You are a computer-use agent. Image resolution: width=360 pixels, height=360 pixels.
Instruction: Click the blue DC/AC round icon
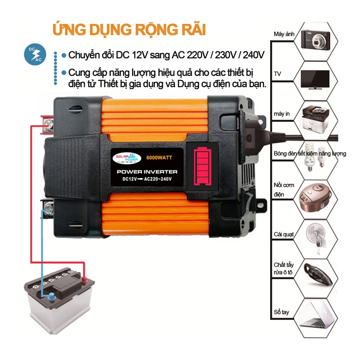[x=35, y=54]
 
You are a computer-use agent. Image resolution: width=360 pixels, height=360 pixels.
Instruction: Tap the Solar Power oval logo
[x=127, y=158]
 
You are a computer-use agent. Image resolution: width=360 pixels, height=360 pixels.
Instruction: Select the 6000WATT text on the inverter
[x=159, y=157]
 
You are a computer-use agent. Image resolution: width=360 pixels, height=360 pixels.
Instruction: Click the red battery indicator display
[x=202, y=167]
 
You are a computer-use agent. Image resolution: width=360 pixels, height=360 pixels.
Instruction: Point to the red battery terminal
[x=84, y=279]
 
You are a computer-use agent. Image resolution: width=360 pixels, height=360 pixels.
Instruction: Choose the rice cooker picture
[x=315, y=197]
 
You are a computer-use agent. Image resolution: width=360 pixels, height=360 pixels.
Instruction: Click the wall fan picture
[x=316, y=238]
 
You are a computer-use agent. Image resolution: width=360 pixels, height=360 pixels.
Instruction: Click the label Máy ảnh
[x=284, y=34]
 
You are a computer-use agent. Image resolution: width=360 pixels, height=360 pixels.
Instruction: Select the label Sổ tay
[x=281, y=312]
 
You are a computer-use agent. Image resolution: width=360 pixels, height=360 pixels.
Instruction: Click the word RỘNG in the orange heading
[x=156, y=30]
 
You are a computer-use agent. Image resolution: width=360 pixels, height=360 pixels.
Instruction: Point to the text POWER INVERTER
[x=147, y=172]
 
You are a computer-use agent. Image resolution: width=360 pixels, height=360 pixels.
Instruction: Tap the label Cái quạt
[x=284, y=234]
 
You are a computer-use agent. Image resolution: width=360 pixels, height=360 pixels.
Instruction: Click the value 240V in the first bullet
[x=254, y=55]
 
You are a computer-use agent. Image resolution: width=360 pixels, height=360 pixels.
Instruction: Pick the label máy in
[x=282, y=114]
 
